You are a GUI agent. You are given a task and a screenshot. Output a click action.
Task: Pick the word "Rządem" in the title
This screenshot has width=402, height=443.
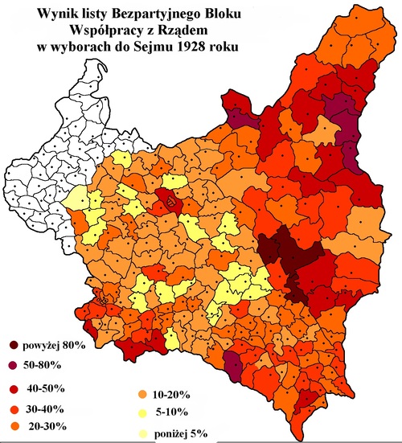point(172,31)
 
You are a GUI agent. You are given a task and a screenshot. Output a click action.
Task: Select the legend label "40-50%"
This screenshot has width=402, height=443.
point(47,388)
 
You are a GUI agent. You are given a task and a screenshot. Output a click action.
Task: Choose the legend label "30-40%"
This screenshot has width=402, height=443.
point(47,407)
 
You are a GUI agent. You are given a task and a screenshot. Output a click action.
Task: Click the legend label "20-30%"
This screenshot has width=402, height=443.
point(47,425)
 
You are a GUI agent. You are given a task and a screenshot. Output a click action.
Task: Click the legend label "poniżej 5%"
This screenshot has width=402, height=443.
point(178,433)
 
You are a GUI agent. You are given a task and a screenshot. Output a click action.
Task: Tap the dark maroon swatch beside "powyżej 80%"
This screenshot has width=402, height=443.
point(15,347)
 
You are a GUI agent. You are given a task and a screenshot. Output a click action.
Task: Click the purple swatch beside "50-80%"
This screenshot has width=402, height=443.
point(15,367)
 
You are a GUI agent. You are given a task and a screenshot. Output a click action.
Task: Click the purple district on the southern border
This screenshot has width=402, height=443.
point(232,369)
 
